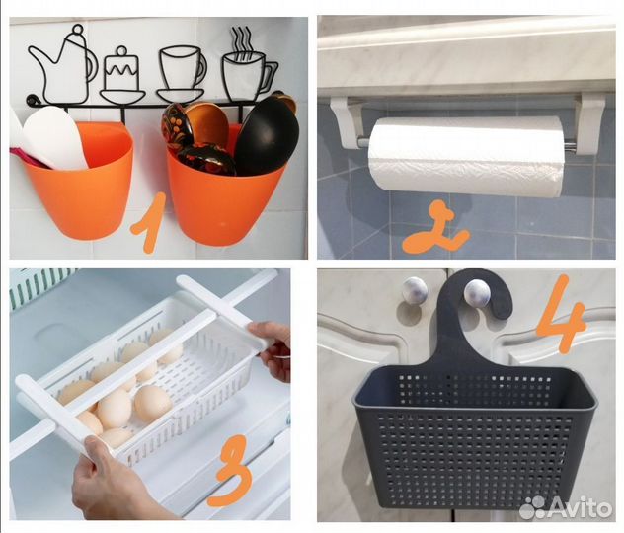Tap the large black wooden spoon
click(267, 135)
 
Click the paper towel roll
click(466, 156)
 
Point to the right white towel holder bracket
click(588, 123)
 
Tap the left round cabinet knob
click(415, 289)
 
